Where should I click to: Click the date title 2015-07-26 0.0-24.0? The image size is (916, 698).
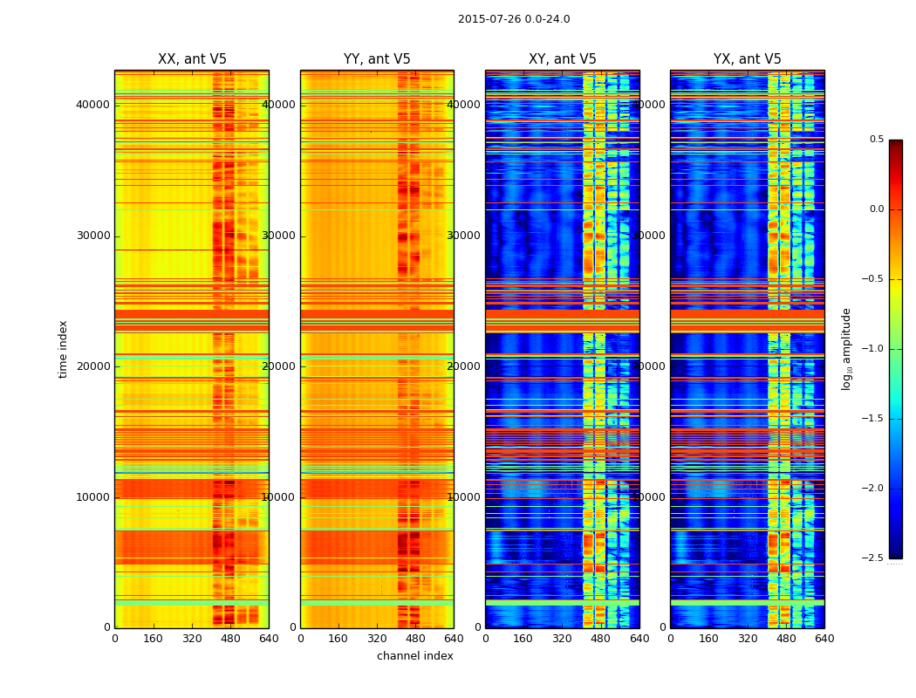click(x=514, y=19)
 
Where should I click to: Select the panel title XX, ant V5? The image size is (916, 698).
click(x=192, y=59)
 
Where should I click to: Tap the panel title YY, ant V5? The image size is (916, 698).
click(x=377, y=59)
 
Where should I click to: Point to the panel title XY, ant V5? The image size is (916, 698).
click(x=563, y=59)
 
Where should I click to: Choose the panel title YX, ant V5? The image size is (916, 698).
click(x=748, y=59)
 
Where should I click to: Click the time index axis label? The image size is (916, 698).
click(x=63, y=349)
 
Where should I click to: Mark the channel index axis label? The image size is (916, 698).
click(x=415, y=656)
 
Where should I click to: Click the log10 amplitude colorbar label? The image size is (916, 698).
click(x=846, y=349)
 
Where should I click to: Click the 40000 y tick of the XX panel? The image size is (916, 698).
click(x=93, y=105)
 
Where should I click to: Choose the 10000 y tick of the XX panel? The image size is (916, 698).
click(x=93, y=497)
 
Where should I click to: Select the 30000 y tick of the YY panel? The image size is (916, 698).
click(x=279, y=236)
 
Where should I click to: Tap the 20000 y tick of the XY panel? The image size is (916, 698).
click(x=464, y=366)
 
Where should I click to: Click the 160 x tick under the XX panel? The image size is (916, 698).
click(x=154, y=639)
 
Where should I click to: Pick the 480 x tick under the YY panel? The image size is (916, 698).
click(x=415, y=639)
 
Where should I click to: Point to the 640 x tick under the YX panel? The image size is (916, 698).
click(x=824, y=639)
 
